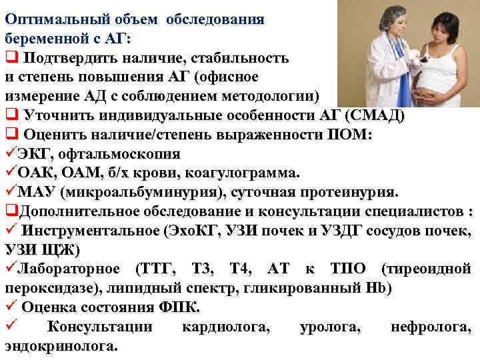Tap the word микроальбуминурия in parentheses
pos(140,193)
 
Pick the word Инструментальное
pos(90,231)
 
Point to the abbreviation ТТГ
pos(157,269)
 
